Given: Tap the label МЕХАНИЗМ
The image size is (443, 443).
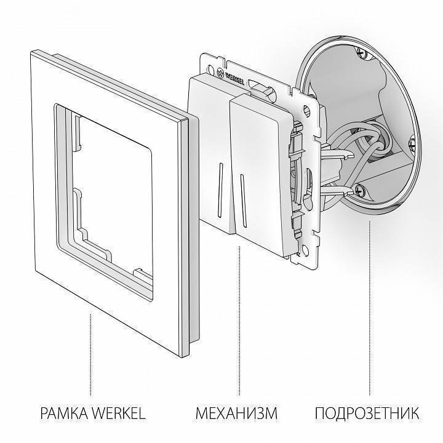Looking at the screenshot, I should [x=236, y=412].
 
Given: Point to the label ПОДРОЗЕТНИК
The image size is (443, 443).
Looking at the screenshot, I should [x=368, y=412].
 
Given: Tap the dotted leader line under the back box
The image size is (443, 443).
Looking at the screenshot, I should [x=369, y=308].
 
